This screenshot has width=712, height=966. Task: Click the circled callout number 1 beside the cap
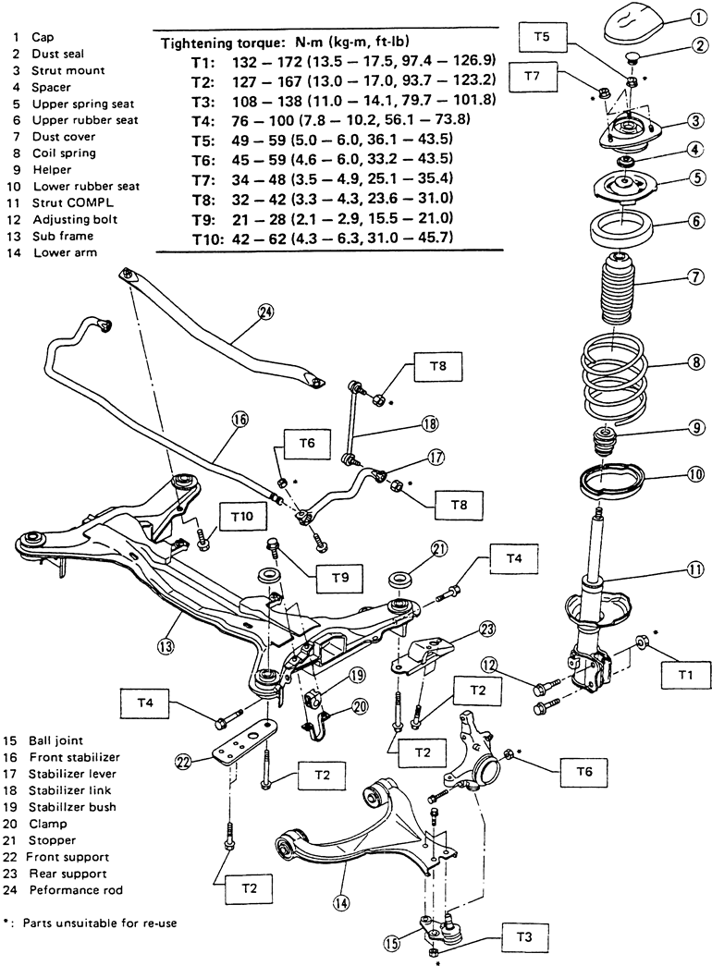(695, 17)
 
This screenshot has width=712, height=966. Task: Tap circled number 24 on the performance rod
(266, 313)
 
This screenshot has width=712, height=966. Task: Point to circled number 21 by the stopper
(438, 551)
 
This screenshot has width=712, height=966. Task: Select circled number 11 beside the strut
(695, 570)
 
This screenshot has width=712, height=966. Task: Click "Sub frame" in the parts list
(61, 236)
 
